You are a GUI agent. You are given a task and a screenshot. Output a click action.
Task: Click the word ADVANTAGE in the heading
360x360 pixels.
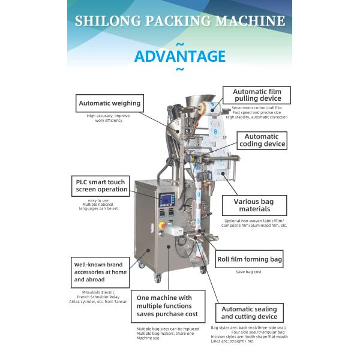pos(180,56)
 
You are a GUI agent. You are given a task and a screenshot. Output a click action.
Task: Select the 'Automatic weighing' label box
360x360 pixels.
pos(109,103)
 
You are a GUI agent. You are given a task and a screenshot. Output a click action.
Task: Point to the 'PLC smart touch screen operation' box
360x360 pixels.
pos(101,185)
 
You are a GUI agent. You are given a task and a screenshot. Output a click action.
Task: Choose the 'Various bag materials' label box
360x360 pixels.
pos(251,206)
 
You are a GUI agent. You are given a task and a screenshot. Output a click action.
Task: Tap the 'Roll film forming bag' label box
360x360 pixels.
pos(250,260)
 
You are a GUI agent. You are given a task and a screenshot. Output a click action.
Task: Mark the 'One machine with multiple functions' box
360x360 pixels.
pos(168,306)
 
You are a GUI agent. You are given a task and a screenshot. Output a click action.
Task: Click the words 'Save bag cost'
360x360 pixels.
pos(249,272)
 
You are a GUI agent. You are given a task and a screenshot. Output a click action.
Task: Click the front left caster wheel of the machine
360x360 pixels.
pos(157,278)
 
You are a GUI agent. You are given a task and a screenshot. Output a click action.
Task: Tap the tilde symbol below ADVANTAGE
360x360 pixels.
pos(180,70)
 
